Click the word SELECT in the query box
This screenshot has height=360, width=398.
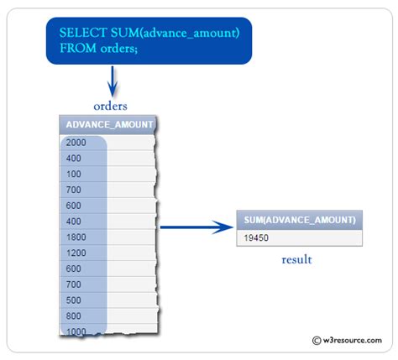coord(81,32)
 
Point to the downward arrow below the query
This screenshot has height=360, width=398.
coord(110,83)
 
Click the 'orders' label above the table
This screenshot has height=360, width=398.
coord(110,106)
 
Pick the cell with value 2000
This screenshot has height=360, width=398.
coord(76,143)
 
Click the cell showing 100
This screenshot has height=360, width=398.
coord(73,174)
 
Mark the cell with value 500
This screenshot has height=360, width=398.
coord(73,300)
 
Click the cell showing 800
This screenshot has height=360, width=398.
coord(73,316)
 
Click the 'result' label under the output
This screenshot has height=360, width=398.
coord(296,260)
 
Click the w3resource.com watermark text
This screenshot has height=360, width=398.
coord(352,340)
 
